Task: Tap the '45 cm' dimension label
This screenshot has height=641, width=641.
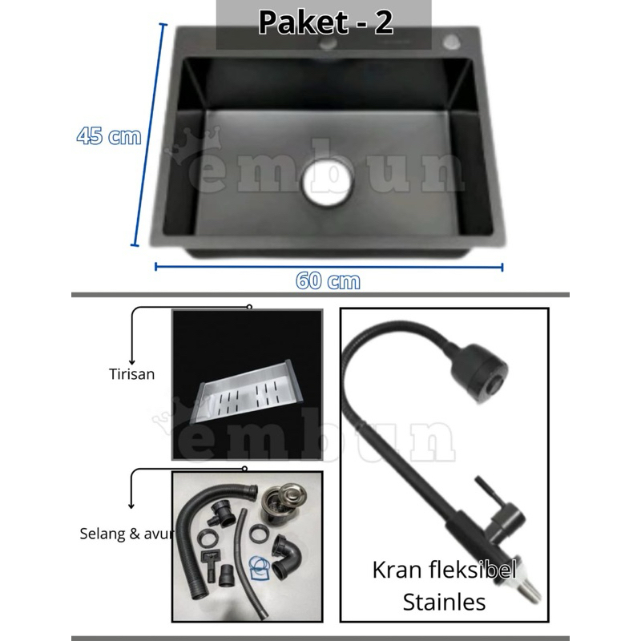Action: (x=109, y=136)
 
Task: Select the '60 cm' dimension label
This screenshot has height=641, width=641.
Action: (x=328, y=281)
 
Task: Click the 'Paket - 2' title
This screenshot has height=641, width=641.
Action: (x=325, y=22)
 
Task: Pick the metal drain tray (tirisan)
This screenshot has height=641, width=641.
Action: (x=249, y=401)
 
